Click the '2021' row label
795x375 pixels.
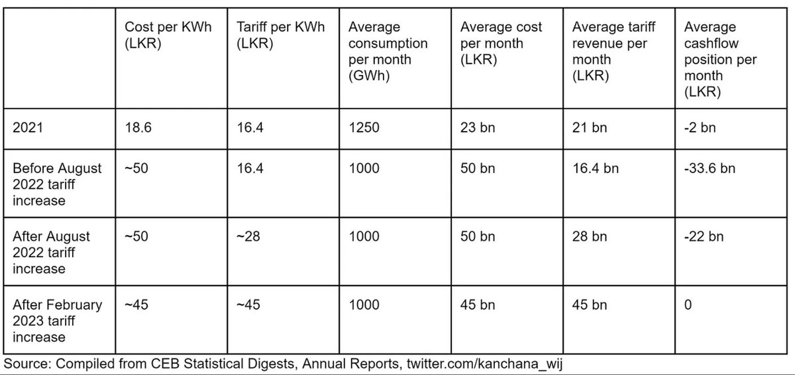point(27,127)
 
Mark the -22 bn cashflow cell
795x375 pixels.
point(703,237)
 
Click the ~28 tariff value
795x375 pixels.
point(249,237)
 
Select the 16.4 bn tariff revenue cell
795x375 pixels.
point(596,168)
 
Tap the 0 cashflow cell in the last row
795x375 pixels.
point(688,305)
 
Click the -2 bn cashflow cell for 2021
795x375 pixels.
point(700,127)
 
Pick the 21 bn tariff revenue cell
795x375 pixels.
point(590,127)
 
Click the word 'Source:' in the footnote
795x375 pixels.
point(26,364)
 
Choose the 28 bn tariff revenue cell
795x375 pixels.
point(590,237)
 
